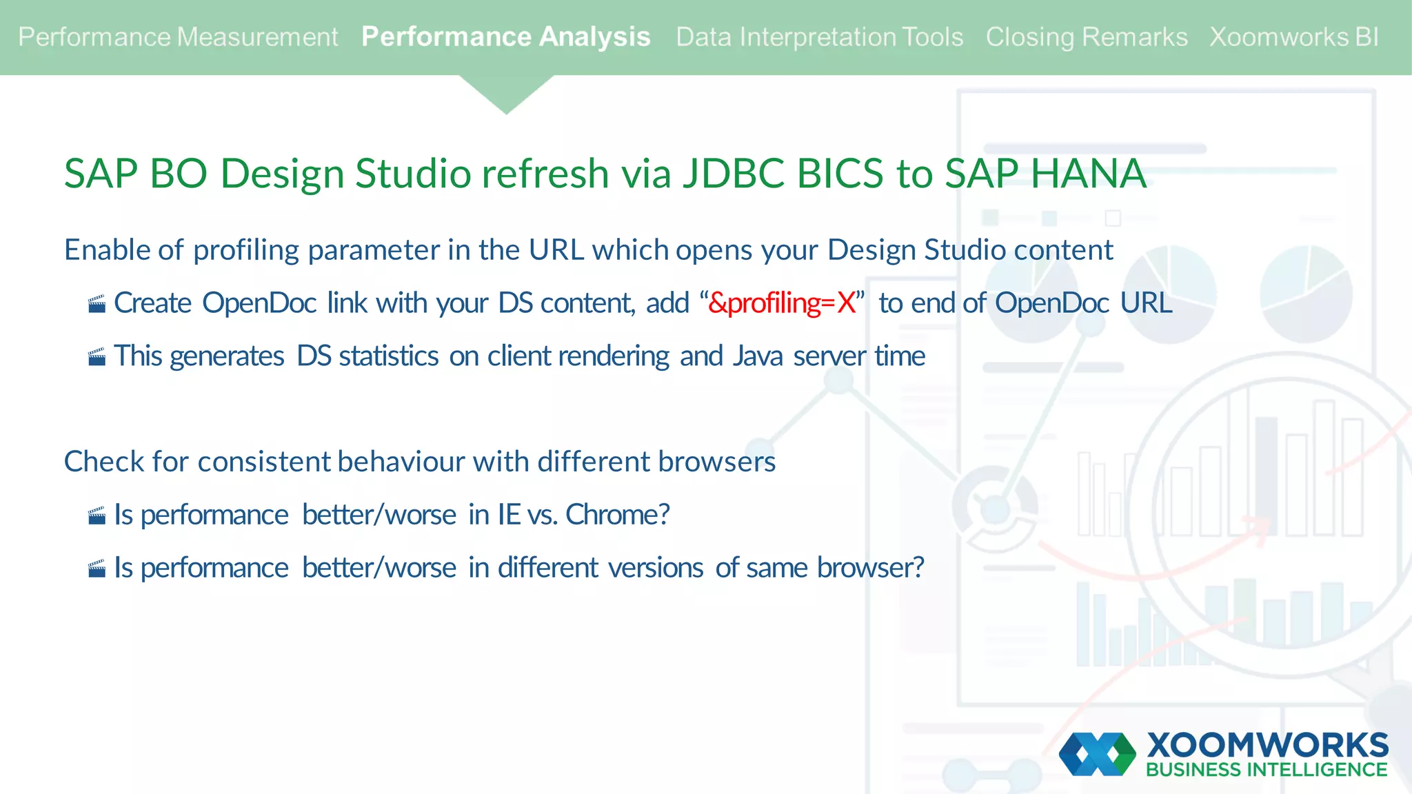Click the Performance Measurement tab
[x=178, y=37]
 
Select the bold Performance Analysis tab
[x=505, y=37]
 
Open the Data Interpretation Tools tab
[x=819, y=37]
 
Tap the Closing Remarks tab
[x=1086, y=37]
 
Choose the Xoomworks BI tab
[x=1293, y=37]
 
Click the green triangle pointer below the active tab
[x=506, y=93]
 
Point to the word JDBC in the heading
[x=734, y=173]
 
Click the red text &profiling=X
[x=781, y=303]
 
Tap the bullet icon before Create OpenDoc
[x=97, y=304]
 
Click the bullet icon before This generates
[x=97, y=357]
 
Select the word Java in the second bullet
[x=758, y=356]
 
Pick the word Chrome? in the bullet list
[x=617, y=515]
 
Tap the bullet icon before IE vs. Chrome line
[x=97, y=516]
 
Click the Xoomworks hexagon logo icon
[x=1097, y=754]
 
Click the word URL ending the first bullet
[x=1146, y=303]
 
